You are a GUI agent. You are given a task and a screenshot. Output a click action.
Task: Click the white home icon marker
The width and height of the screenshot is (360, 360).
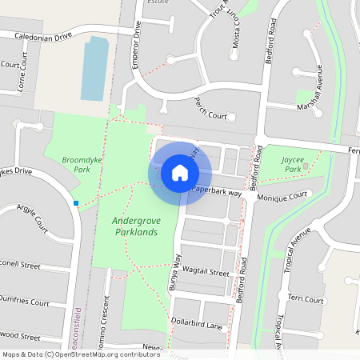tap(180, 173)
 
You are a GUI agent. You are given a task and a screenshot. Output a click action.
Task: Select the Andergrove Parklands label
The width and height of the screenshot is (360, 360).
tap(134, 225)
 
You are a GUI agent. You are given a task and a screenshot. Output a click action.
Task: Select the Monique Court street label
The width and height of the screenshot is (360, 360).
tap(282, 195)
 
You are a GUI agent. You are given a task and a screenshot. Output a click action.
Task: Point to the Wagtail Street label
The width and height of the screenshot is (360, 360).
tap(206, 273)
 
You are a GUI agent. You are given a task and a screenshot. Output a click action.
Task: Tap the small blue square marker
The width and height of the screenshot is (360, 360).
tap(76, 203)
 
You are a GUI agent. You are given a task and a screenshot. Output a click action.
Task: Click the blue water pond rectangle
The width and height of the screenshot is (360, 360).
tap(94, 68)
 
